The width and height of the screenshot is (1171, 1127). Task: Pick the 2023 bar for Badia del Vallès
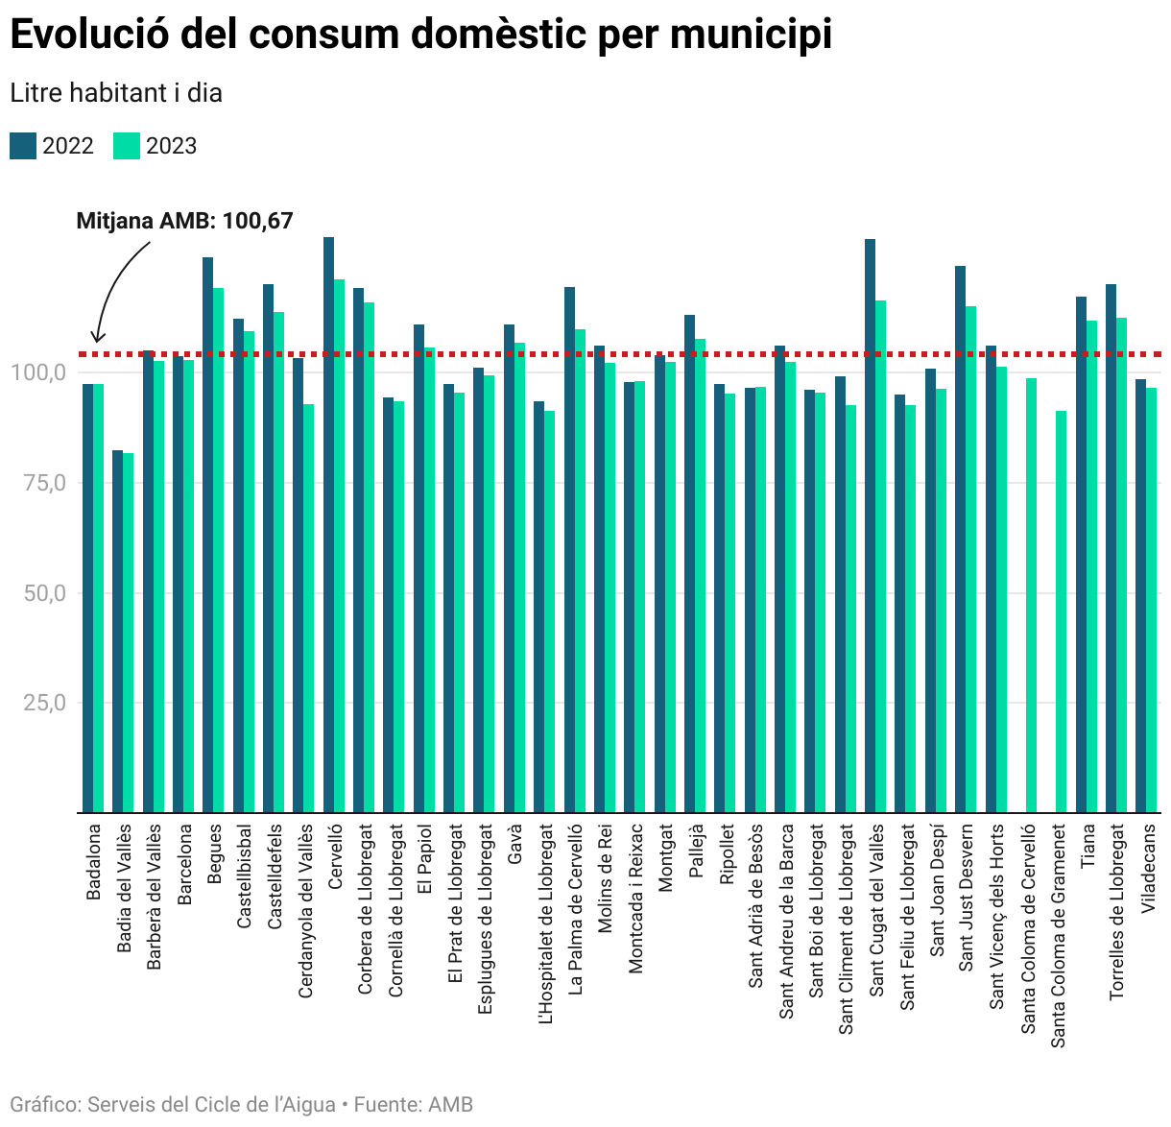click(x=129, y=633)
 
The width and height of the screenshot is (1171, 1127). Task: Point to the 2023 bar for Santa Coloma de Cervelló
click(x=1031, y=595)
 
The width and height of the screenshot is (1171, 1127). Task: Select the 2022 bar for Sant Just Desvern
click(x=960, y=539)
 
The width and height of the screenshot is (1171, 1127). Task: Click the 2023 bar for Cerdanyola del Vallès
click(x=308, y=609)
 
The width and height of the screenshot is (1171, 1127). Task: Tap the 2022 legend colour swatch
click(x=23, y=146)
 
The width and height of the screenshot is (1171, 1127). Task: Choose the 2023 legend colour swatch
click(x=127, y=146)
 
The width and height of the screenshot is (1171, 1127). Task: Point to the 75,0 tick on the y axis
click(x=45, y=483)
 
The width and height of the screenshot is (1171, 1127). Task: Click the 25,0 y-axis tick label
click(x=45, y=704)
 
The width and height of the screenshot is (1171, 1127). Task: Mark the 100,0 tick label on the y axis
click(x=39, y=372)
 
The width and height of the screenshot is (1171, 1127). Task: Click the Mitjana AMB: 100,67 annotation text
click(x=184, y=221)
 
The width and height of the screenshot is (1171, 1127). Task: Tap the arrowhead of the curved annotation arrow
click(x=95, y=338)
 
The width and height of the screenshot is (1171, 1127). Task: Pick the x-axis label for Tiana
click(x=1088, y=846)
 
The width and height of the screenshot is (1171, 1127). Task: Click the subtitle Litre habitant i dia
click(x=116, y=93)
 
